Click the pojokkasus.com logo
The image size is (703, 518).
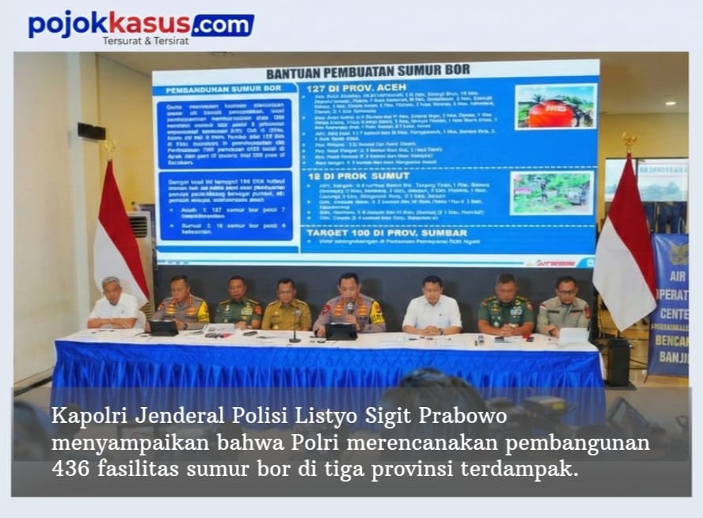pos(141,25)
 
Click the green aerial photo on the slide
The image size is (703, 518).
pos(552,192)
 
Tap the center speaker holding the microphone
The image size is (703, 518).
pos(348,303)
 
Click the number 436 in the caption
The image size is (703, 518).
pos(71,468)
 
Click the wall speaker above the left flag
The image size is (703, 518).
pos(92,131)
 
